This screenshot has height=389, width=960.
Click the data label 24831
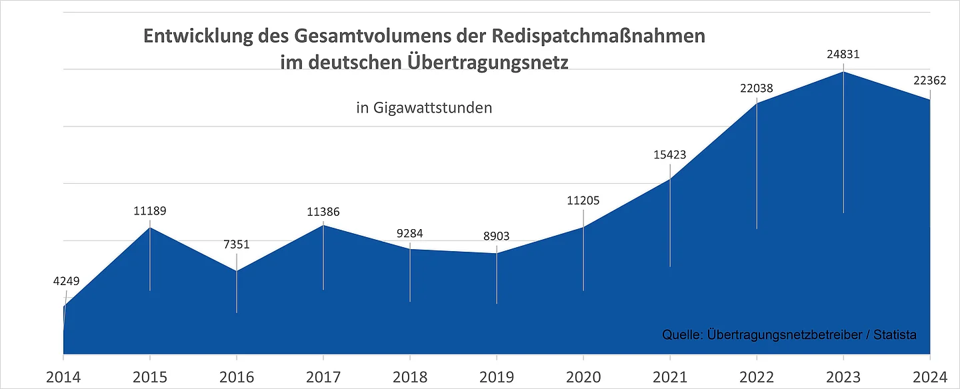[x=843, y=55]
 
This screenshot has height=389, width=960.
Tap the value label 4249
[x=66, y=281]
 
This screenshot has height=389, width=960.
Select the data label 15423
[x=670, y=155]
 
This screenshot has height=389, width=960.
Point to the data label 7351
[x=237, y=244]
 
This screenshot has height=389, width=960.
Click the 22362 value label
[x=929, y=80]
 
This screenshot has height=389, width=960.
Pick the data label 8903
[x=497, y=236]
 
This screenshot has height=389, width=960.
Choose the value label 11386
[x=323, y=212]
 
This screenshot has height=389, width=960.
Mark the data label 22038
[x=757, y=87]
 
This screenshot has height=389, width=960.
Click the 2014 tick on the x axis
[x=63, y=376]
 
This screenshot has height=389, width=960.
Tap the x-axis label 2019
[x=497, y=376]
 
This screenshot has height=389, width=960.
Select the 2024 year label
[x=929, y=376]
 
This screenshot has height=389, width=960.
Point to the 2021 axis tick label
[x=670, y=376]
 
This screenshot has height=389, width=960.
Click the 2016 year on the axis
[x=237, y=376]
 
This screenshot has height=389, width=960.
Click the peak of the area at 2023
[x=843, y=71]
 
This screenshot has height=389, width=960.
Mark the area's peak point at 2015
[x=150, y=228]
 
